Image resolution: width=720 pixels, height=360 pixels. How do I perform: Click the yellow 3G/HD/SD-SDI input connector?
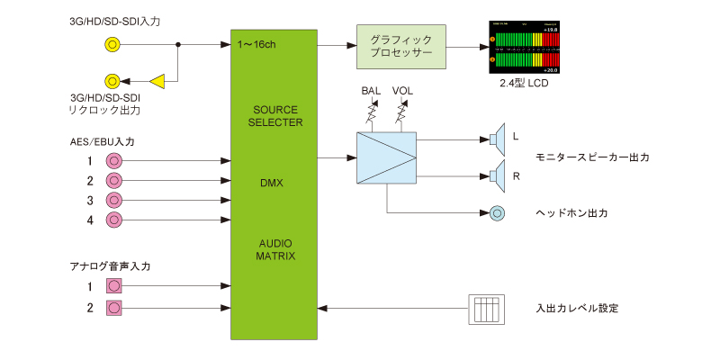tap(113, 43)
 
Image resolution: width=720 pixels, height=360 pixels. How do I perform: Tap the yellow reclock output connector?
tap(113, 81)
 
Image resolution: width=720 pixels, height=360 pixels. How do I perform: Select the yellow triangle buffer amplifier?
tap(157, 81)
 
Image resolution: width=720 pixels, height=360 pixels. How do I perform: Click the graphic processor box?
tap(401, 46)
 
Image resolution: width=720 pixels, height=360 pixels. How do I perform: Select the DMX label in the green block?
tap(271, 183)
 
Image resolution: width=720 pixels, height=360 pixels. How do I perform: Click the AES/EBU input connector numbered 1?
tap(113, 161)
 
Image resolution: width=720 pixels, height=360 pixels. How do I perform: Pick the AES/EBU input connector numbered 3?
tap(113, 200)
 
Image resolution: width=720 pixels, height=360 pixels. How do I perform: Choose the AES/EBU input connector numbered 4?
tap(113, 220)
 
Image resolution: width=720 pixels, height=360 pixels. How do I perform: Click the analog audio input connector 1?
tap(113, 286)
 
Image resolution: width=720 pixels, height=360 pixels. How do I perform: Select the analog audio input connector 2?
tap(113, 308)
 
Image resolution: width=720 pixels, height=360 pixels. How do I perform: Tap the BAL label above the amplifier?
tap(371, 92)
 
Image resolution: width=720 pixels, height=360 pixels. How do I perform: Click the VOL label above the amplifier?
tap(402, 92)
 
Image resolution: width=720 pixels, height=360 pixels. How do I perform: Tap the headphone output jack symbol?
tap(497, 213)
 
